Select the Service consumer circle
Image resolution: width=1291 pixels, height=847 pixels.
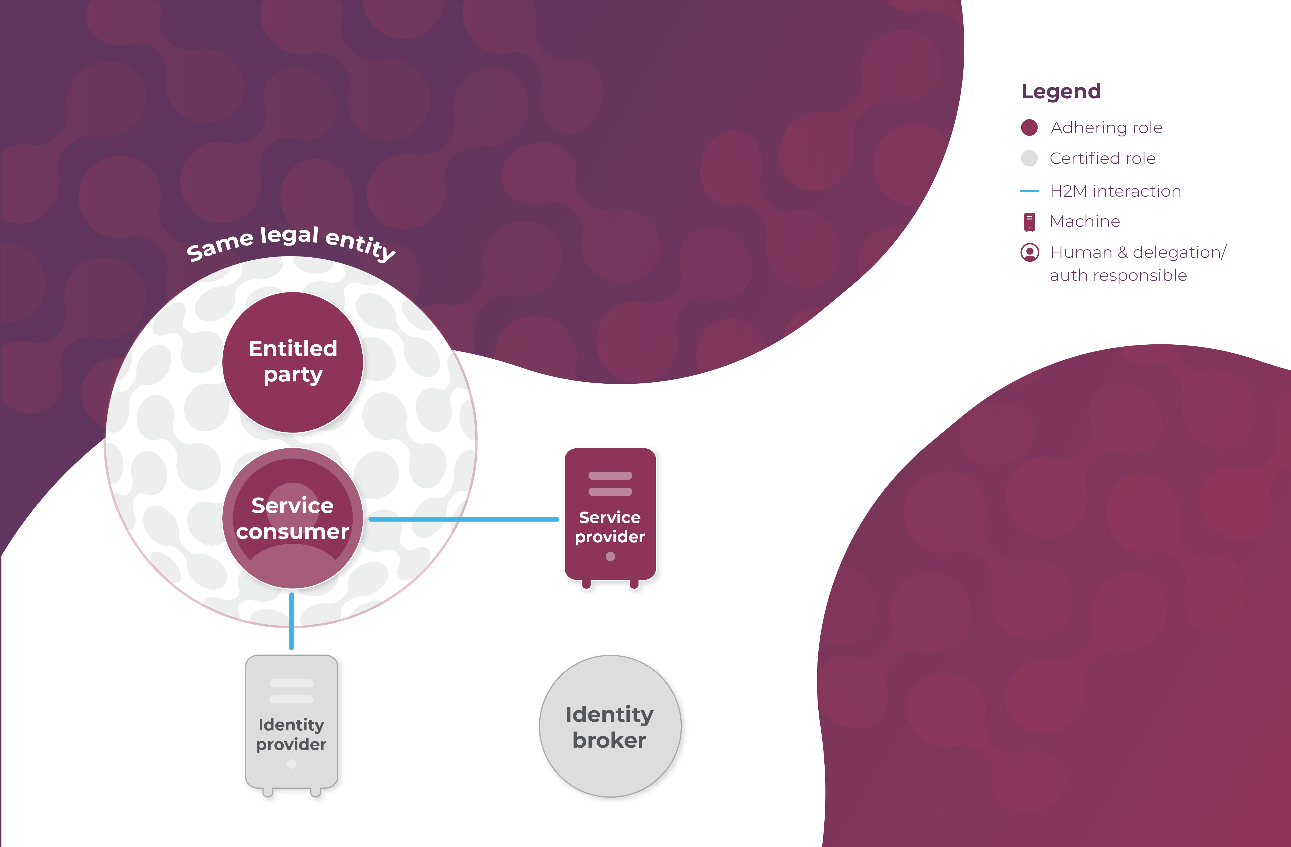[293, 518]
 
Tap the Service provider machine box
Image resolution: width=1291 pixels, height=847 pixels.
[610, 515]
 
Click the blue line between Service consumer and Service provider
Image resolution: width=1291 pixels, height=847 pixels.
[464, 519]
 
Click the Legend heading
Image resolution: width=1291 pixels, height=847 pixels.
[1061, 91]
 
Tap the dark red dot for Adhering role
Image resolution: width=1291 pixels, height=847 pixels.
[1029, 128]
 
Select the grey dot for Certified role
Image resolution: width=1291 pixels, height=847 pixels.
[1029, 158]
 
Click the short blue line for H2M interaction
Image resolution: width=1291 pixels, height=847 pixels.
[1029, 191]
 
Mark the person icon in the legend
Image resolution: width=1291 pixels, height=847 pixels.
[1030, 252]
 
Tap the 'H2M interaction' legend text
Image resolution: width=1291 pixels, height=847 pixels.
[1115, 191]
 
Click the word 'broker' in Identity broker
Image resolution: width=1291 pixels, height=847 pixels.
[609, 740]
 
